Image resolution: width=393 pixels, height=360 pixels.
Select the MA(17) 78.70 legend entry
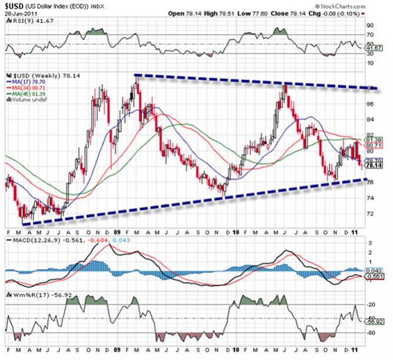[31, 83]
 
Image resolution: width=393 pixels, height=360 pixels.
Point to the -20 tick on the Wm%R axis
[373, 304]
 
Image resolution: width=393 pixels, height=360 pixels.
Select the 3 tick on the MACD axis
[371, 243]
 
